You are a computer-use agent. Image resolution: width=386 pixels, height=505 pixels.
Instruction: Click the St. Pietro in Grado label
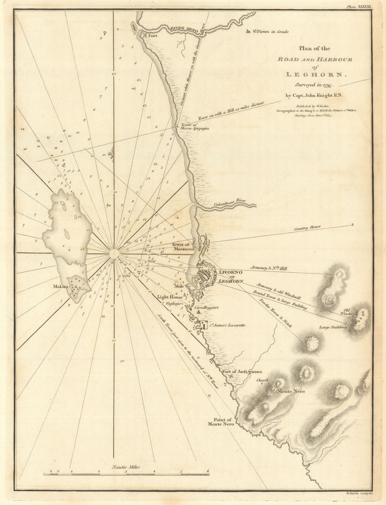pos(270,32)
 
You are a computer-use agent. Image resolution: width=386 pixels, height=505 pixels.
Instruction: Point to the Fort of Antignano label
pos(242,372)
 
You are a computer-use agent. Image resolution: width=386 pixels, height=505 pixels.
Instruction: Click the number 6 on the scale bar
pos(208,471)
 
